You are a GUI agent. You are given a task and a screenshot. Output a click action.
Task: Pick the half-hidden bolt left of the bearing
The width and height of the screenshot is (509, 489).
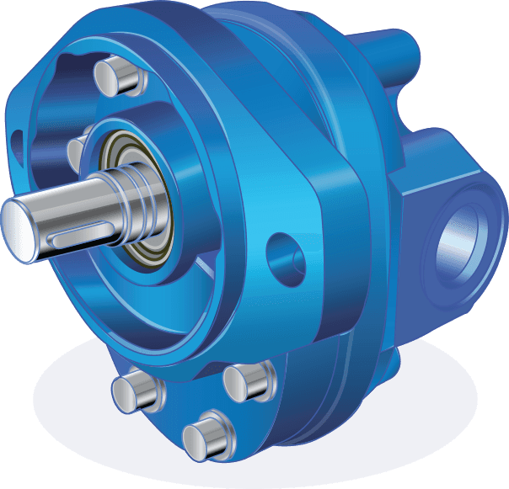75,151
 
